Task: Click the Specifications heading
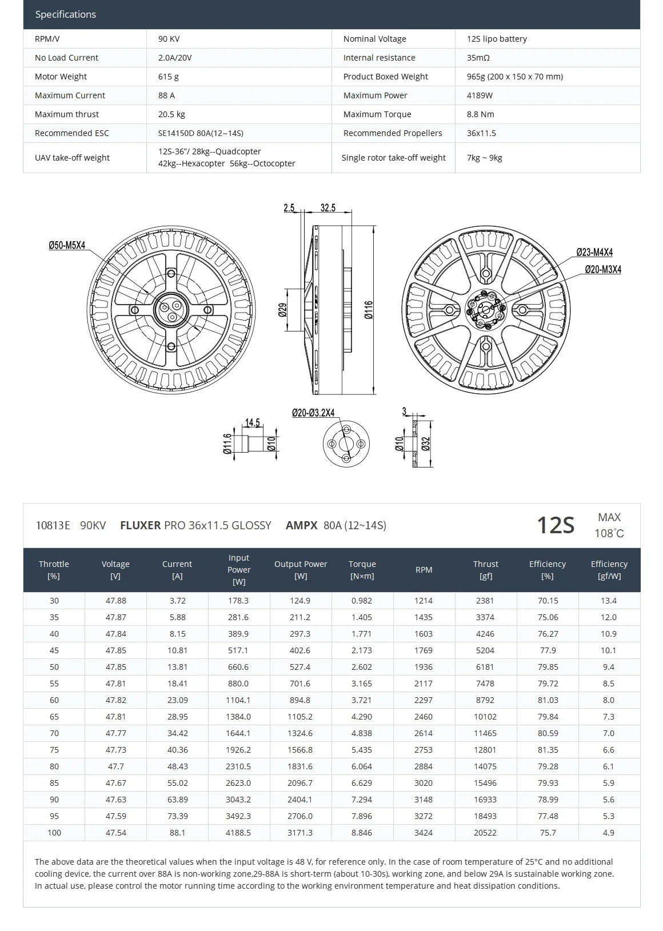(x=65, y=14)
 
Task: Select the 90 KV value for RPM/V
(x=169, y=39)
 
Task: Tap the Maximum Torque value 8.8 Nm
(x=480, y=114)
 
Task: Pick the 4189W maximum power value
(x=479, y=95)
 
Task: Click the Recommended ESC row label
(x=71, y=133)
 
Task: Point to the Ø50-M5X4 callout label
(x=67, y=245)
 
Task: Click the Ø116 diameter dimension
(x=369, y=309)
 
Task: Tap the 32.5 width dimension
(x=327, y=208)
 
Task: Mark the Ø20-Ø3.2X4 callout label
(x=313, y=413)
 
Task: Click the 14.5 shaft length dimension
(x=252, y=423)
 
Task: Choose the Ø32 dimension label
(x=425, y=444)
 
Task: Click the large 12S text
(x=555, y=525)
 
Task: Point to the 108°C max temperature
(x=609, y=533)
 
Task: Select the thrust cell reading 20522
(x=485, y=833)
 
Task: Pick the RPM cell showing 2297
(x=424, y=700)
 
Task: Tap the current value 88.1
(x=177, y=833)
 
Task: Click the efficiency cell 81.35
(x=548, y=750)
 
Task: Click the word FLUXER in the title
(x=140, y=525)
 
